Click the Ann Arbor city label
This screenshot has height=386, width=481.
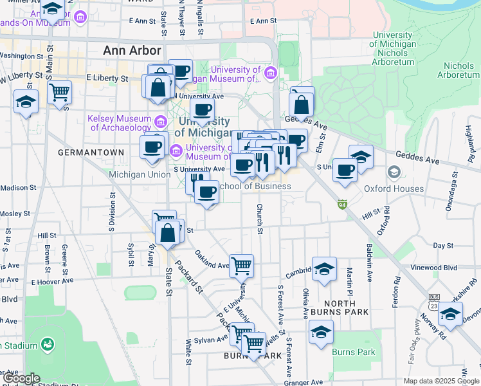point(132,50)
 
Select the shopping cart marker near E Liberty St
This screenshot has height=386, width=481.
point(59,91)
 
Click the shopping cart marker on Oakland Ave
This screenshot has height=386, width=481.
point(241,264)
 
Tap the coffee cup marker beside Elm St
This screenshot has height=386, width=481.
point(345,170)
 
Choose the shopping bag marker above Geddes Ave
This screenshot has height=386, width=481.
point(302,102)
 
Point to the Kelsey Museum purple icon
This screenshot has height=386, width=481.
point(161,120)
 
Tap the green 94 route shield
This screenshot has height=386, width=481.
point(343,204)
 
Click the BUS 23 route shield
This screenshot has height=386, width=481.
point(434,302)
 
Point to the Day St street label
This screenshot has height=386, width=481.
point(443,246)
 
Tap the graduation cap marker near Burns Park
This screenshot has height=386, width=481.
point(320,333)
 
